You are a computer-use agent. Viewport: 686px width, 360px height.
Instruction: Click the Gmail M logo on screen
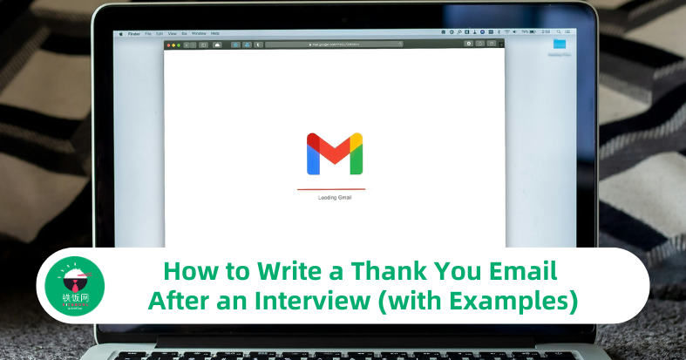pos(334,154)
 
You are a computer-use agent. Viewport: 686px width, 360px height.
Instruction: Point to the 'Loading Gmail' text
pos(335,198)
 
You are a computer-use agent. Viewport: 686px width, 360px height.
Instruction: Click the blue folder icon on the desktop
pos(559,44)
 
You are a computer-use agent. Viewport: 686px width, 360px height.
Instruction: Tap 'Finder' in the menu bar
pos(136,33)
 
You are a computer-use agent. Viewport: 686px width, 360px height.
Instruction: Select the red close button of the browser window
pos(168,44)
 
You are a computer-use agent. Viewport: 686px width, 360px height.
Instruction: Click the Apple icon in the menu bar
pos(121,33)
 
